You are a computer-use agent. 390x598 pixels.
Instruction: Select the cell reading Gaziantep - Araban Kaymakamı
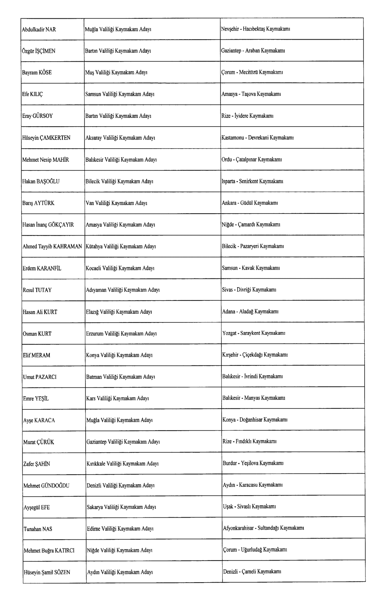[253, 51]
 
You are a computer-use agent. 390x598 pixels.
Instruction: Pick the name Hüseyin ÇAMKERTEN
[46, 138]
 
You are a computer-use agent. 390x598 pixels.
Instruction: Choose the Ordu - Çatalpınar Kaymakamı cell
[252, 160]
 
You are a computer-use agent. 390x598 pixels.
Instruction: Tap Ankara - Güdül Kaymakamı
[249, 203]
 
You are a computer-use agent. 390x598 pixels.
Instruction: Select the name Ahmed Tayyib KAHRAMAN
[52, 247]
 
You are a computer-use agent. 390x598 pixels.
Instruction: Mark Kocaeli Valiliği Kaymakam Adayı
[120, 268]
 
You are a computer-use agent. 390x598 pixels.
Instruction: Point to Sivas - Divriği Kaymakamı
[249, 290]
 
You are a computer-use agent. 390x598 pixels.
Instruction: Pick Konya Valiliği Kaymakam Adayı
[119, 355]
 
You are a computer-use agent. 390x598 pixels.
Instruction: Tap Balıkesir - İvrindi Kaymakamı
[252, 376]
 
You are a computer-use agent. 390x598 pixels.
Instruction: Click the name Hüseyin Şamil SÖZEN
[47, 572]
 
